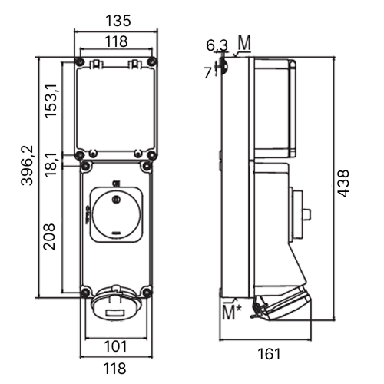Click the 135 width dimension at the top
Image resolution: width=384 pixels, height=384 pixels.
[x=118, y=21]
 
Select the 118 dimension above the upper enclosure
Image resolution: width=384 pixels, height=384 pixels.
[x=116, y=41]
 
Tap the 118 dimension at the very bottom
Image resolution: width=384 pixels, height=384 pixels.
[x=114, y=369]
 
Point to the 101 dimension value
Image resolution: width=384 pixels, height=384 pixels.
[x=115, y=346]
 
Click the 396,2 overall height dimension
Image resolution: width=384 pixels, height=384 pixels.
[x=27, y=165]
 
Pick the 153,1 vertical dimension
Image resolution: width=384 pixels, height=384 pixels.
[x=51, y=101]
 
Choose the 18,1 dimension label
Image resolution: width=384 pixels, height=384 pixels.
[x=51, y=165]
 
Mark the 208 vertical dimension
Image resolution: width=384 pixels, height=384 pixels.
[x=49, y=237]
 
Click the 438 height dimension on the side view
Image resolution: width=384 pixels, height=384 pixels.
[x=343, y=184]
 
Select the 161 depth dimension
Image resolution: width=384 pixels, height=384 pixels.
[x=269, y=354]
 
